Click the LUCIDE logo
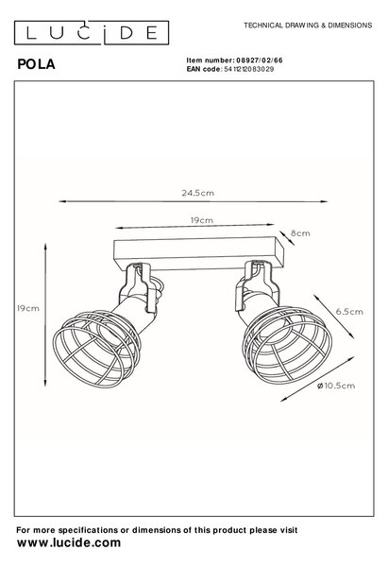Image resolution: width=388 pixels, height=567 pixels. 92,33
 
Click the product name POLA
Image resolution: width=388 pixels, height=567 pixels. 36,64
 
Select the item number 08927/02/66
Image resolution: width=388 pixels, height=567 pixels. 259,60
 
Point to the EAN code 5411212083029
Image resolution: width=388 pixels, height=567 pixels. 249,69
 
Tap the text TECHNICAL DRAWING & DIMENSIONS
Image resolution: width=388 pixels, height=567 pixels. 308,26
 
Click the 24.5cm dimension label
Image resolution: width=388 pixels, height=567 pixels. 197,193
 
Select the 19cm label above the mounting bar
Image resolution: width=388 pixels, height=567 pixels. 202,220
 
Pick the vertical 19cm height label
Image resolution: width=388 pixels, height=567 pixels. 27,308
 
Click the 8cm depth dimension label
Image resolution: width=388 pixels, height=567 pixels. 300,233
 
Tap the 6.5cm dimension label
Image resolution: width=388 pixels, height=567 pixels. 349,312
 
